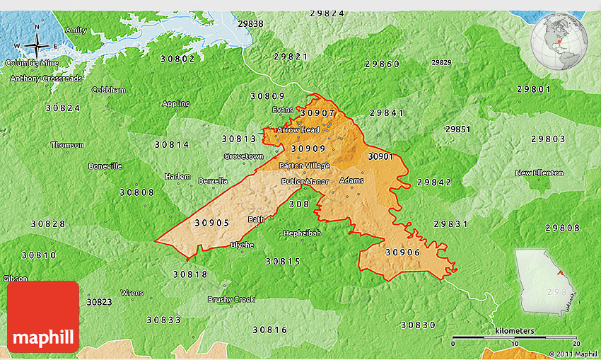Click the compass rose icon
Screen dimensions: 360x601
pos(36,47)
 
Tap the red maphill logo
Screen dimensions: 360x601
pos(43,317)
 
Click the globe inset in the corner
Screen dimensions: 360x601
pos(559,42)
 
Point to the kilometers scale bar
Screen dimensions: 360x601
pos(514,337)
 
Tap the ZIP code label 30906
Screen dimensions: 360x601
pos(402,252)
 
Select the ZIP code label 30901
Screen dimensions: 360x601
pos(380,156)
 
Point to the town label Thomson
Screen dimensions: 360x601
pos(67,145)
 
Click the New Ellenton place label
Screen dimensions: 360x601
pos(539,173)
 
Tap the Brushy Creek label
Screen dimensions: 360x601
pos(231,299)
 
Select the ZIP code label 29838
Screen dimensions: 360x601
pos(250,23)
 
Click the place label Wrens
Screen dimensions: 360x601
pos(132,293)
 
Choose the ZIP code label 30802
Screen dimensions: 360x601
pos(178,59)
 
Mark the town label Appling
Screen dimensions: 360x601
pos(176,104)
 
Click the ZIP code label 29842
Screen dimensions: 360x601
pos(434,182)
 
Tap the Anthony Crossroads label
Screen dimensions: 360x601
pos(46,78)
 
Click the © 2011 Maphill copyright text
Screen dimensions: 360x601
pos(573,354)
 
